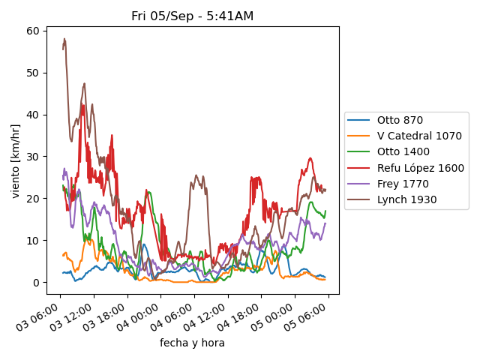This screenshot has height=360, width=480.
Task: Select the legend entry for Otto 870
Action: coord(400,120)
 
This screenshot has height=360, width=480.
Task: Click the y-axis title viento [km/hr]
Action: coord(16,161)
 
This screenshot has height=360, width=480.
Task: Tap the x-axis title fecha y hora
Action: coord(192,343)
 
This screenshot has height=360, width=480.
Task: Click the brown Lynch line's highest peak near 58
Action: coord(64,39)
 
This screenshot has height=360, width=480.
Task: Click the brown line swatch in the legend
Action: coord(360,199)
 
